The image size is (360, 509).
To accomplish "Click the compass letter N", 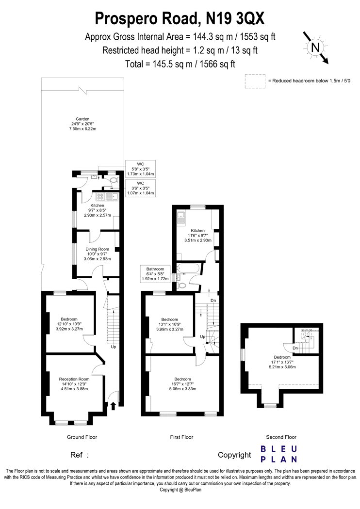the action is point(315,48).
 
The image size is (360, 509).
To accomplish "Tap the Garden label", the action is point(82,119).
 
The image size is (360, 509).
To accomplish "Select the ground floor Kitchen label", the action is point(97,206).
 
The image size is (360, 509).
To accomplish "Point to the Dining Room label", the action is point(97,249).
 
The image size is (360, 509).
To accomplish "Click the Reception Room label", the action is point(74,379).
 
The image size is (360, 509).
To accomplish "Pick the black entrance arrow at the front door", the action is point(113,406).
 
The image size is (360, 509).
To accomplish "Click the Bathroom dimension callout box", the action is point(155,274).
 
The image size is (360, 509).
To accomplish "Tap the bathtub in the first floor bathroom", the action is point(188,269).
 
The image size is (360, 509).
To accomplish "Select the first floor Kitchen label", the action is point(197,231).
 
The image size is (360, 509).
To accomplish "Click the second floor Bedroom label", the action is point(282,357).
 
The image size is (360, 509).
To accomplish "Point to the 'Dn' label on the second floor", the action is point(295,349).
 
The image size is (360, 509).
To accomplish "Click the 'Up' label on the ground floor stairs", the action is point(114,347).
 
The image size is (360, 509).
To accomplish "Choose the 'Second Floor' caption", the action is point(281,437).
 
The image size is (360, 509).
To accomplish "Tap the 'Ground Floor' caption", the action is point(82,437).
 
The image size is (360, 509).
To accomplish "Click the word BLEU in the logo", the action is point(279,449).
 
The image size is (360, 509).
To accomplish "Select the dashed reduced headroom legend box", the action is point(255,81).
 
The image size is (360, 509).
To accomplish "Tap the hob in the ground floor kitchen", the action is point(100,196).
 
